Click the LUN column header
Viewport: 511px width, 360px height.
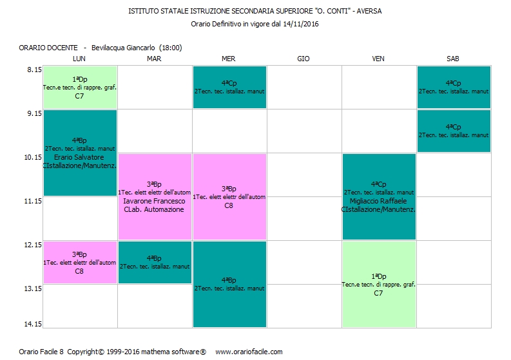(x=79, y=59)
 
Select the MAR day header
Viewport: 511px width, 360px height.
(x=154, y=59)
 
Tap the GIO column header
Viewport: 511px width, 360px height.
(x=304, y=59)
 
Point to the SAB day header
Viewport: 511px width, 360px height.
(x=453, y=59)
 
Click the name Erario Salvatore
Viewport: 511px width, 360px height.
(x=79, y=157)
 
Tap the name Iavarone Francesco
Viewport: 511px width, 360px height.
(x=154, y=201)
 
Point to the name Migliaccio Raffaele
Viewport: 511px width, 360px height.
(x=379, y=201)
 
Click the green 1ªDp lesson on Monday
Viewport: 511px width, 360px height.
(x=79, y=87)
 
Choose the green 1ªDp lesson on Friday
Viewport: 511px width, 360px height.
(x=379, y=284)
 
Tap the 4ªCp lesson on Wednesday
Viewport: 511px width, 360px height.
(x=229, y=87)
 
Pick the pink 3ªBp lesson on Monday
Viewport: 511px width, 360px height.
(x=79, y=262)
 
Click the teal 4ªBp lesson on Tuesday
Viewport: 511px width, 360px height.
(x=154, y=262)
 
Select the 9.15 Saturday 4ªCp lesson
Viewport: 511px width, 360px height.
(x=453, y=131)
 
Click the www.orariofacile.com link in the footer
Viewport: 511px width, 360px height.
(x=249, y=352)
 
